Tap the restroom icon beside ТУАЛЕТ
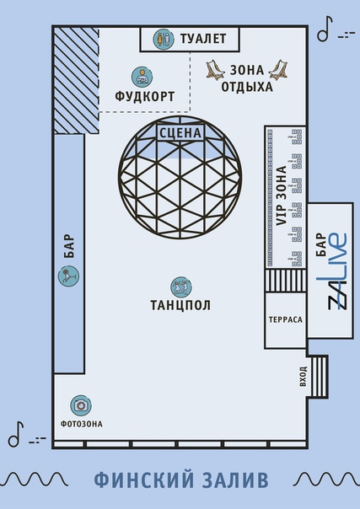point(164,39)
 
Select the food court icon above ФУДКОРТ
point(142,77)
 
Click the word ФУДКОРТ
point(145,96)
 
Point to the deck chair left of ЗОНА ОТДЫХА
point(216,70)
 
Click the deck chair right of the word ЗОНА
point(278,70)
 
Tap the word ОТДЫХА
point(247,87)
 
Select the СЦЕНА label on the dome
point(180,133)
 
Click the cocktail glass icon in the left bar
point(68,276)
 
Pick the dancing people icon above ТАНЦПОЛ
point(180,287)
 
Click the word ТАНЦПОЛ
point(180,305)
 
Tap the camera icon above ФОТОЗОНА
point(81,405)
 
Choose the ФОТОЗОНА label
point(82,424)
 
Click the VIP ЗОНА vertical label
point(281,196)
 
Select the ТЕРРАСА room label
point(286,319)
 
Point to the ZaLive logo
point(337,271)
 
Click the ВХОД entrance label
point(303,377)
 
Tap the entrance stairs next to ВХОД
point(319,376)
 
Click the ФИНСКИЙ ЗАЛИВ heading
point(181,480)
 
